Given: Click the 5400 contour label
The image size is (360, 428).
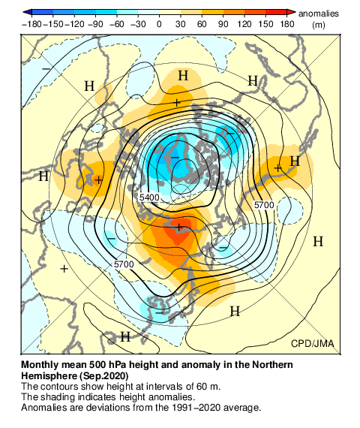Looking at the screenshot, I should [x=150, y=197].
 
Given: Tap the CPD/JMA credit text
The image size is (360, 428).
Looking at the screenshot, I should [x=313, y=343].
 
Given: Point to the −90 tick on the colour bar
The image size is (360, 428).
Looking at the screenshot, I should [x=96, y=24].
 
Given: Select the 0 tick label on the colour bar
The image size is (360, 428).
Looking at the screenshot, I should [x=159, y=24].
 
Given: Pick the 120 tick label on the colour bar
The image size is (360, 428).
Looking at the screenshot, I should [x=244, y=24].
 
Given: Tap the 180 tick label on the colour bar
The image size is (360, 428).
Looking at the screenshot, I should [x=286, y=24].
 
